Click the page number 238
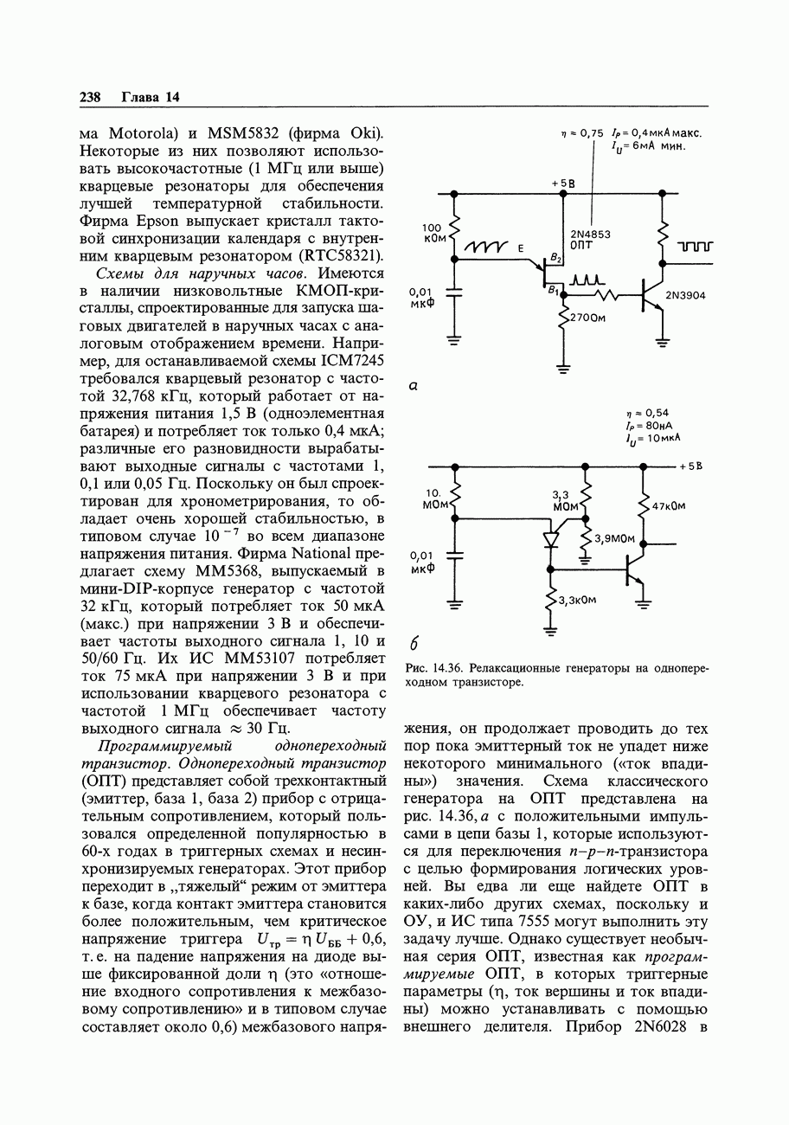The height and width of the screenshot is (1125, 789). click(91, 97)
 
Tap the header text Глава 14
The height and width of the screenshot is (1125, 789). click(150, 97)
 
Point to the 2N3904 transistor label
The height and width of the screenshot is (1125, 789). click(685, 296)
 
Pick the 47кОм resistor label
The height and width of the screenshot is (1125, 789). click(667, 506)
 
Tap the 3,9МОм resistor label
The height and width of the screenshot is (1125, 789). click(614, 538)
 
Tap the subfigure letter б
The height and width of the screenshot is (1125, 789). click(414, 643)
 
